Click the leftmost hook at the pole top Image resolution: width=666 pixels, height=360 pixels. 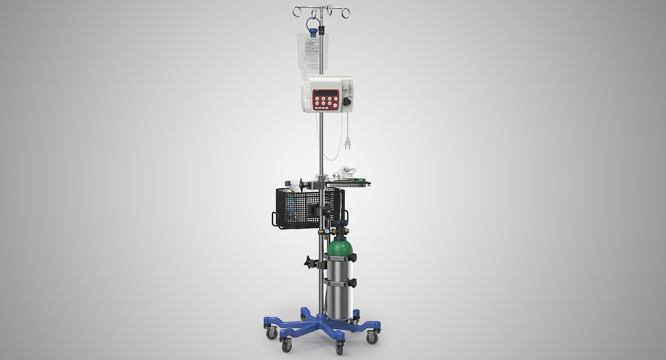click(x=297, y=10)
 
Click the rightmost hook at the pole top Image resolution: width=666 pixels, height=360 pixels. click(x=346, y=12)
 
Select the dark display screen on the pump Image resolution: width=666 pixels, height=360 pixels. click(x=326, y=93)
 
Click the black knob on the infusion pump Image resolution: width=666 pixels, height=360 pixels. click(x=346, y=101)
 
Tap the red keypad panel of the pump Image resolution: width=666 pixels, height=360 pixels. click(x=326, y=99)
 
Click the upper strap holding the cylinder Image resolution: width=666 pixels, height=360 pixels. click(x=340, y=259)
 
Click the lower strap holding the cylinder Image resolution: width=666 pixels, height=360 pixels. click(x=340, y=283)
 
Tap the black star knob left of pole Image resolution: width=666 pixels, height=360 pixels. click(x=309, y=261)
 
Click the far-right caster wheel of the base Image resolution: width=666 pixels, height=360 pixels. click(x=372, y=338)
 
